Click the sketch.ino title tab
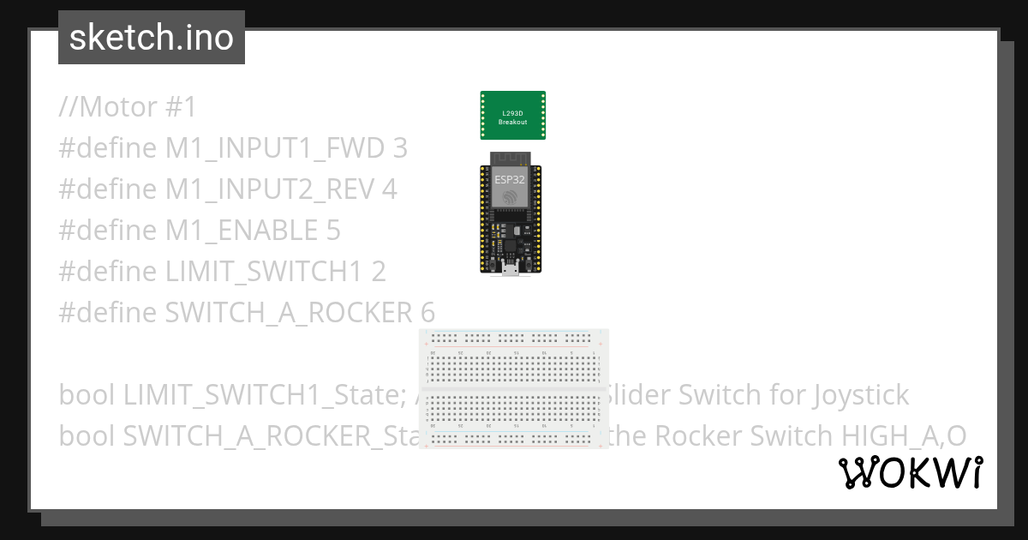tap(151, 38)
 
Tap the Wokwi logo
tap(910, 473)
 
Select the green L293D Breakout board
tap(513, 116)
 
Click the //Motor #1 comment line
tap(128, 108)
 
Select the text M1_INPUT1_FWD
tap(275, 149)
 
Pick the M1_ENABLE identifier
tap(242, 231)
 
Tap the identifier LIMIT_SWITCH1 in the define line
tap(265, 272)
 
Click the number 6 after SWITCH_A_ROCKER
tap(427, 313)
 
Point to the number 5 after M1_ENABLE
tap(332, 231)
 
